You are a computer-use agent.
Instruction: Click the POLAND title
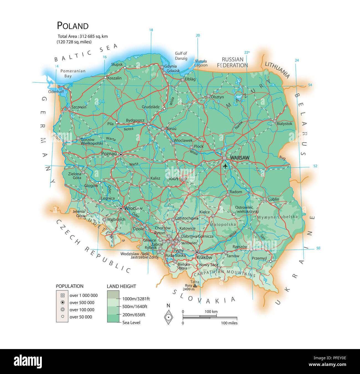pos(73,26)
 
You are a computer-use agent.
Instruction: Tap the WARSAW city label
pos(240,158)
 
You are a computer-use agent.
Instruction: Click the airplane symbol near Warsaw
pos(225,166)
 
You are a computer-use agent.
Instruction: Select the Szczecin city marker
pos(69,109)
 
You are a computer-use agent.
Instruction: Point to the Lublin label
pos(274,199)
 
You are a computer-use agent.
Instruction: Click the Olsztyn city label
pos(217,97)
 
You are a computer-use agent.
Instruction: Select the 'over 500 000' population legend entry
pos(82,302)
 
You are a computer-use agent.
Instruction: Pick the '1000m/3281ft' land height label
pos(136,299)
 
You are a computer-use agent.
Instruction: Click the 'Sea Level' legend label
pos(131,322)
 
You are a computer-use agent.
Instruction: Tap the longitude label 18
pos(151,30)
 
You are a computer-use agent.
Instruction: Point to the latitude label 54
pos(310,85)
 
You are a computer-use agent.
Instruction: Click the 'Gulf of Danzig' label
pos(181,56)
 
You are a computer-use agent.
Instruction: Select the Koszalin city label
pos(114,78)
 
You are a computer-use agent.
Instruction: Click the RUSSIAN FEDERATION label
pos(232,62)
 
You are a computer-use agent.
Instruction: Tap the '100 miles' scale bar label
pos(229,323)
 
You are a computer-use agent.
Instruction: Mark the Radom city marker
pos(228,195)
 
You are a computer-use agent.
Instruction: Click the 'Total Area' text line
pos(83,36)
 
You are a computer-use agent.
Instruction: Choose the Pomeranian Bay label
pos(73,73)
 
